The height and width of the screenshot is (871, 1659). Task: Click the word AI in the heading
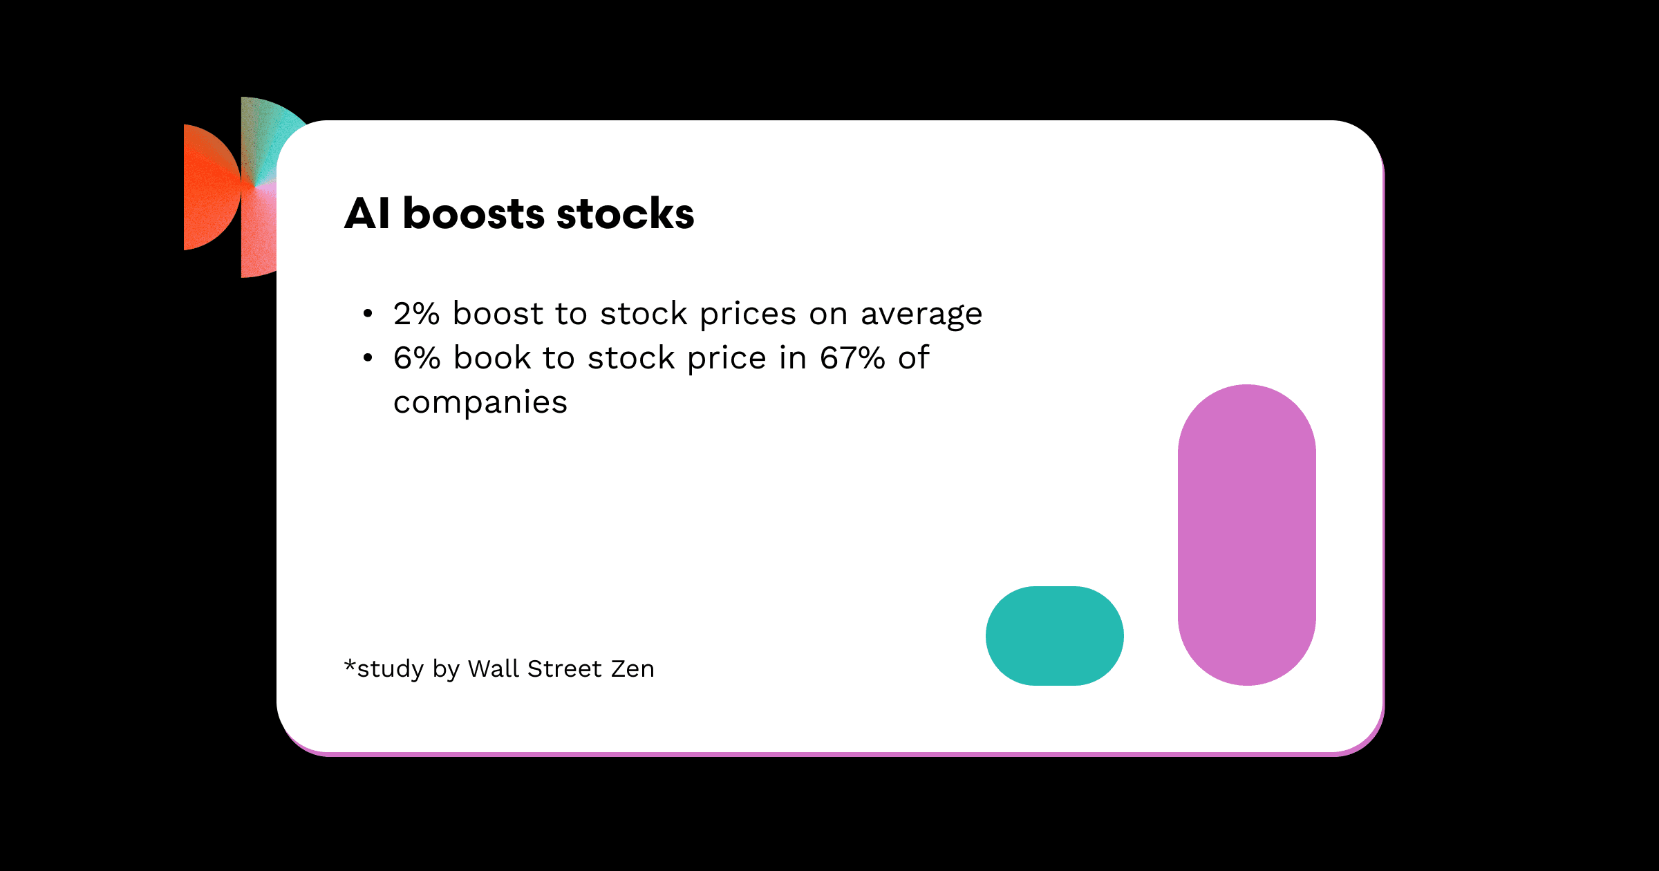367,213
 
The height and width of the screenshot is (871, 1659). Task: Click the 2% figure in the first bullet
416,314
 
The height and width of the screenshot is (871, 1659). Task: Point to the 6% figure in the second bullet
417,358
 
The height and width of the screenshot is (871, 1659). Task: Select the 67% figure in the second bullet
852,358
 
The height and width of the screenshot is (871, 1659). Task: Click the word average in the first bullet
921,316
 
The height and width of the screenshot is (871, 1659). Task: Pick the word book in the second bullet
492,357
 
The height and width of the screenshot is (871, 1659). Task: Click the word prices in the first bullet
748,316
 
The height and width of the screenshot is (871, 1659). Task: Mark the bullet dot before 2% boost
368,314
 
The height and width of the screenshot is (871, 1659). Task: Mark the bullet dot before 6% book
368,358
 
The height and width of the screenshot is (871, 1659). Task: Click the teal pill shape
1055,636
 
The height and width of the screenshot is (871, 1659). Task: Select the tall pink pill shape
1247,535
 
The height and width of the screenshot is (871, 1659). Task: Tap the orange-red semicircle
212,187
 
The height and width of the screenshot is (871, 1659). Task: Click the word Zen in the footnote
632,669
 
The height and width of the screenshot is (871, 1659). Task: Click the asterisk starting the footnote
350,666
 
